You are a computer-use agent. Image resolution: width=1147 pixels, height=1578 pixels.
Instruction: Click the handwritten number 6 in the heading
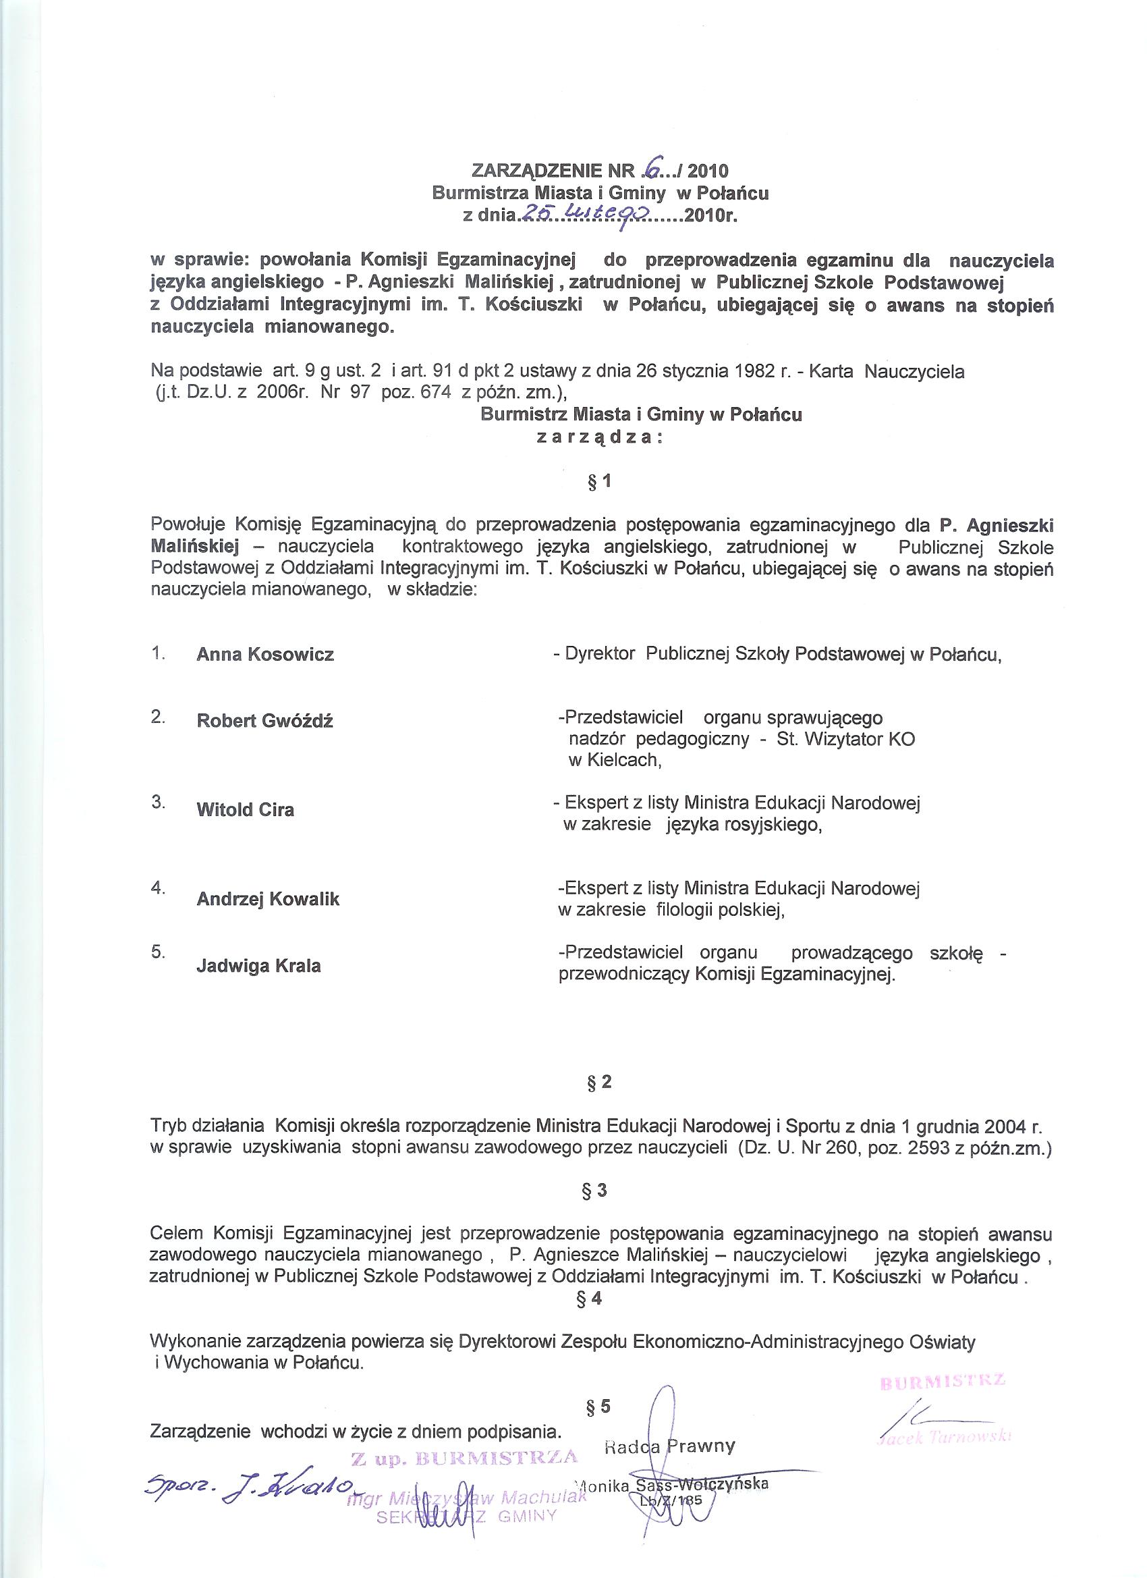coord(652,169)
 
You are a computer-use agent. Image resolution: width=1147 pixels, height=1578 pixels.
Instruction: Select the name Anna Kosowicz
coord(265,655)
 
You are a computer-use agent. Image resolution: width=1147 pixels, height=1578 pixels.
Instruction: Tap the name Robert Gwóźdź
coord(264,721)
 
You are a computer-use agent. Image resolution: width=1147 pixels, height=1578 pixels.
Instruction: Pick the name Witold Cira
coord(245,810)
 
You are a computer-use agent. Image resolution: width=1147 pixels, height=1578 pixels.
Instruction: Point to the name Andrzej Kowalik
coord(268,899)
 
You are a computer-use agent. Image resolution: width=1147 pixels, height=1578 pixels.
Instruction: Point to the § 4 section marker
coord(590,1299)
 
